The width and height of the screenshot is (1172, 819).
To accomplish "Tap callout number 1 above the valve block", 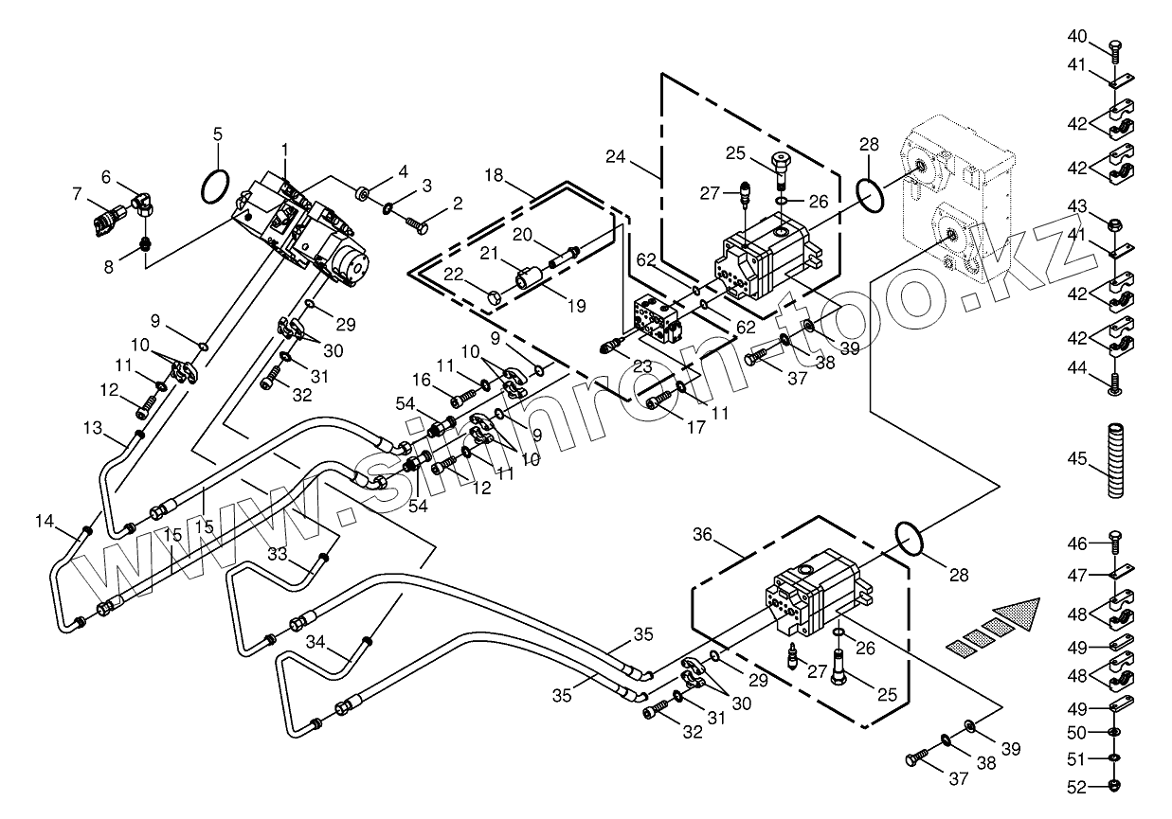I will coord(284,149).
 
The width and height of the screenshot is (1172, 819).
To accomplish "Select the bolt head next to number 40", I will coord(1114,44).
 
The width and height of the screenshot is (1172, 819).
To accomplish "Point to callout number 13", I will coord(92,428).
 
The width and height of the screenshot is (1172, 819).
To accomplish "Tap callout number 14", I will coord(45,520).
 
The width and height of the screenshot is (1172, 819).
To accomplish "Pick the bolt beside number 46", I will coord(1115,543).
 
